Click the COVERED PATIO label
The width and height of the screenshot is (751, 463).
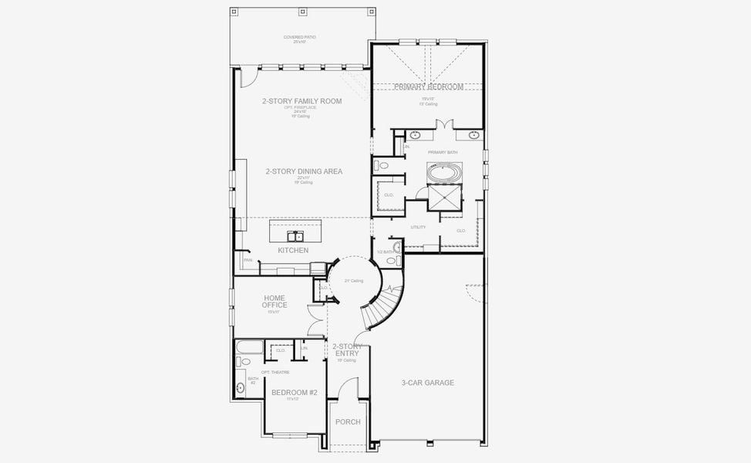click(x=299, y=37)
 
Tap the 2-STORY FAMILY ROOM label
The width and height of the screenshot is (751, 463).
click(x=301, y=101)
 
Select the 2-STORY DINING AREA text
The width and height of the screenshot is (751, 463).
click(x=304, y=171)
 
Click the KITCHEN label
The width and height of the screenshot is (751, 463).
click(x=293, y=250)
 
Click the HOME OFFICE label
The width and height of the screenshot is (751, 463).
click(x=274, y=301)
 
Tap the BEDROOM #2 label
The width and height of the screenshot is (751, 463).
click(x=294, y=393)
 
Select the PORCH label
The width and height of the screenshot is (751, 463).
click(x=347, y=421)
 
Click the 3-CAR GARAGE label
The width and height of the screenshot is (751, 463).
click(x=427, y=382)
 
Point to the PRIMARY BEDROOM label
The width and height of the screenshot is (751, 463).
click(x=429, y=87)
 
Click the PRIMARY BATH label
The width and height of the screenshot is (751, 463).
click(x=443, y=152)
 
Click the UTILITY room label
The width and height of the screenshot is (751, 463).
click(x=418, y=227)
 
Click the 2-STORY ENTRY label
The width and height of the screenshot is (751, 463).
click(x=346, y=350)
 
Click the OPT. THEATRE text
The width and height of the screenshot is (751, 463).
click(x=275, y=372)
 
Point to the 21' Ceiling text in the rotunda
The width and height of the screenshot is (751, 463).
click(x=353, y=281)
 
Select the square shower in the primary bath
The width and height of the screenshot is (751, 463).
click(x=444, y=198)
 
